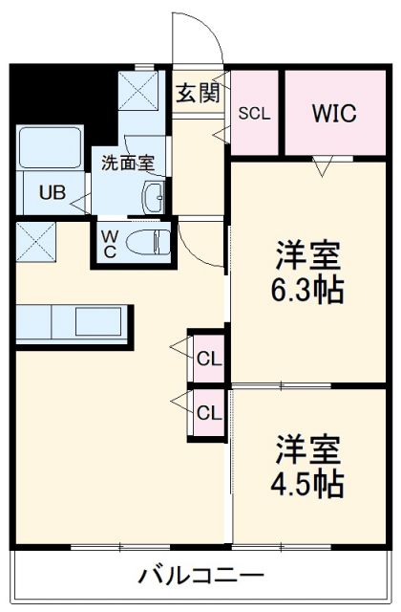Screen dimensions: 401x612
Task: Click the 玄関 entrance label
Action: coord(198,93)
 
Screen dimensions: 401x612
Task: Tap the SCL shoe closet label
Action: coord(254,114)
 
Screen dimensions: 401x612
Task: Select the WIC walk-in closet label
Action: coord(334,113)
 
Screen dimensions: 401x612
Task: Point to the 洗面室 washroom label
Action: coord(128,164)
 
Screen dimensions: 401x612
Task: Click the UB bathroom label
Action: coord(53,192)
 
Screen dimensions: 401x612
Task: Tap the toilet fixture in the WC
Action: coord(149,242)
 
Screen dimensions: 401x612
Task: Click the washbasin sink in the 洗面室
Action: coord(154,197)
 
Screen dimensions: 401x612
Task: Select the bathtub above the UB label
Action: coord(50,147)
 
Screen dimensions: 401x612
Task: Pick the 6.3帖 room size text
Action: coord(307,290)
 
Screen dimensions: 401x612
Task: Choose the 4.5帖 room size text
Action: coord(307,484)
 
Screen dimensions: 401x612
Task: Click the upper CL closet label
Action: coord(209,359)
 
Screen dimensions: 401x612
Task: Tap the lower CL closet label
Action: coord(209,412)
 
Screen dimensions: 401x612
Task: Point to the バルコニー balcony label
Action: coord(201,575)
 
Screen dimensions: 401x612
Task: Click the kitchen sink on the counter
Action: coord(98,321)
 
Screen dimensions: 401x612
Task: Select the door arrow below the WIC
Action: coord(323,166)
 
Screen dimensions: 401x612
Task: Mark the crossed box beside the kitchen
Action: coord(36,242)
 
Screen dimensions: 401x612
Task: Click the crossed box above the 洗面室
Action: coord(138,90)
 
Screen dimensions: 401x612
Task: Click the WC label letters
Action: coord(110,244)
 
